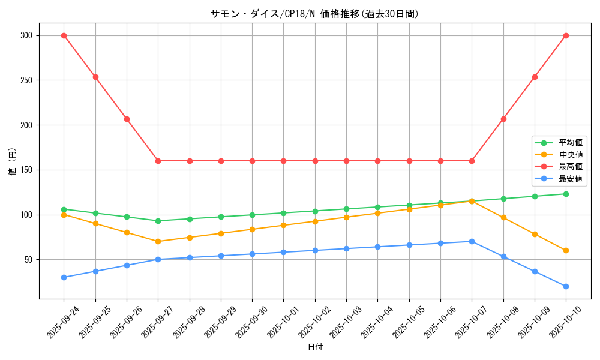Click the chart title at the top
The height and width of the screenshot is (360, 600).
coord(314,14)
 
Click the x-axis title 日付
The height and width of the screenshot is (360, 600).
coord(315,347)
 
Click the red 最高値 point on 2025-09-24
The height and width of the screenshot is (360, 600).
coord(64,35)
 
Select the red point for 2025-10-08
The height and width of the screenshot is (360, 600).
coord(503,119)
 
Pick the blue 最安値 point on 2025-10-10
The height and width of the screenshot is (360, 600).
coord(566,286)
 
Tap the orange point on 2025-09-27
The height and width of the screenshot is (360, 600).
coord(158,241)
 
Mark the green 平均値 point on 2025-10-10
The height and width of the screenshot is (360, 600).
coord(566,194)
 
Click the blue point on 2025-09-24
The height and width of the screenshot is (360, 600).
coord(64,277)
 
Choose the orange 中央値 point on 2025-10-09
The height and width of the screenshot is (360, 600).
coord(535,234)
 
